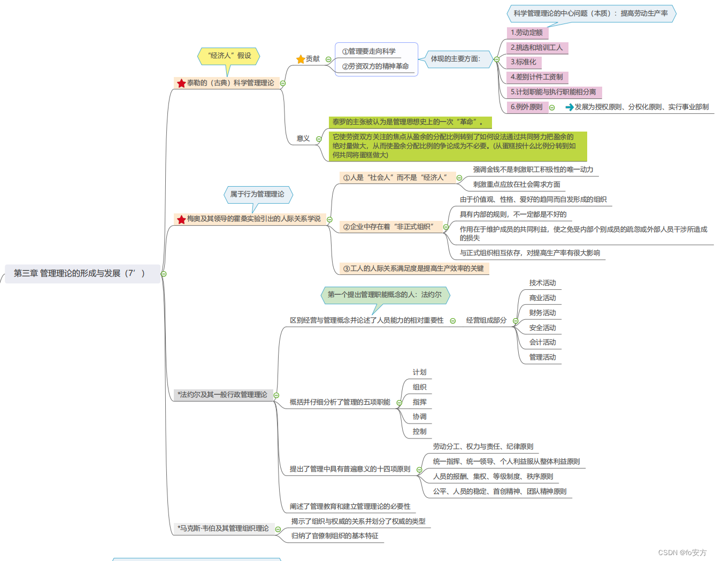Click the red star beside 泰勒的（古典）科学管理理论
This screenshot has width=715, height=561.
[x=181, y=83]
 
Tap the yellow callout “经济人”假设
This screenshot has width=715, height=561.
[x=229, y=56]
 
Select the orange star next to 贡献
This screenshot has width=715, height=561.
[x=301, y=59]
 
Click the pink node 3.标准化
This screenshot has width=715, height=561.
[x=524, y=62]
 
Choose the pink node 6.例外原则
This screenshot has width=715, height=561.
[x=527, y=107]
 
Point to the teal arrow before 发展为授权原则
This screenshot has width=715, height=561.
[x=570, y=107]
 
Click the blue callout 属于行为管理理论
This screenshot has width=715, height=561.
[x=257, y=194]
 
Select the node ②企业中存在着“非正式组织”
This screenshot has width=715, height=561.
[x=388, y=227]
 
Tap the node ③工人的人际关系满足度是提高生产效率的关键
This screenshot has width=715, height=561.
[x=413, y=268]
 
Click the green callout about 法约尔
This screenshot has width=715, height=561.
[x=385, y=295]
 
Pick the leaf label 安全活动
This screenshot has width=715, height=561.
[x=542, y=328]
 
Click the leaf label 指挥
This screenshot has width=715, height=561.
[x=420, y=402]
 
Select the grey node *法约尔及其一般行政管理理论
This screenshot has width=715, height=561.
[x=222, y=395]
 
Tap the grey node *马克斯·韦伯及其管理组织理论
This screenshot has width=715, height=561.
[x=224, y=528]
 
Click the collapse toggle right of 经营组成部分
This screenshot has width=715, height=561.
[x=516, y=321]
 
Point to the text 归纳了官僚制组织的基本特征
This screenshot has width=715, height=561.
[x=335, y=536]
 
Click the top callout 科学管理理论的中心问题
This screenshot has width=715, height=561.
[x=590, y=13]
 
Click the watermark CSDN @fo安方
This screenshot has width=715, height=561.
[x=682, y=552]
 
